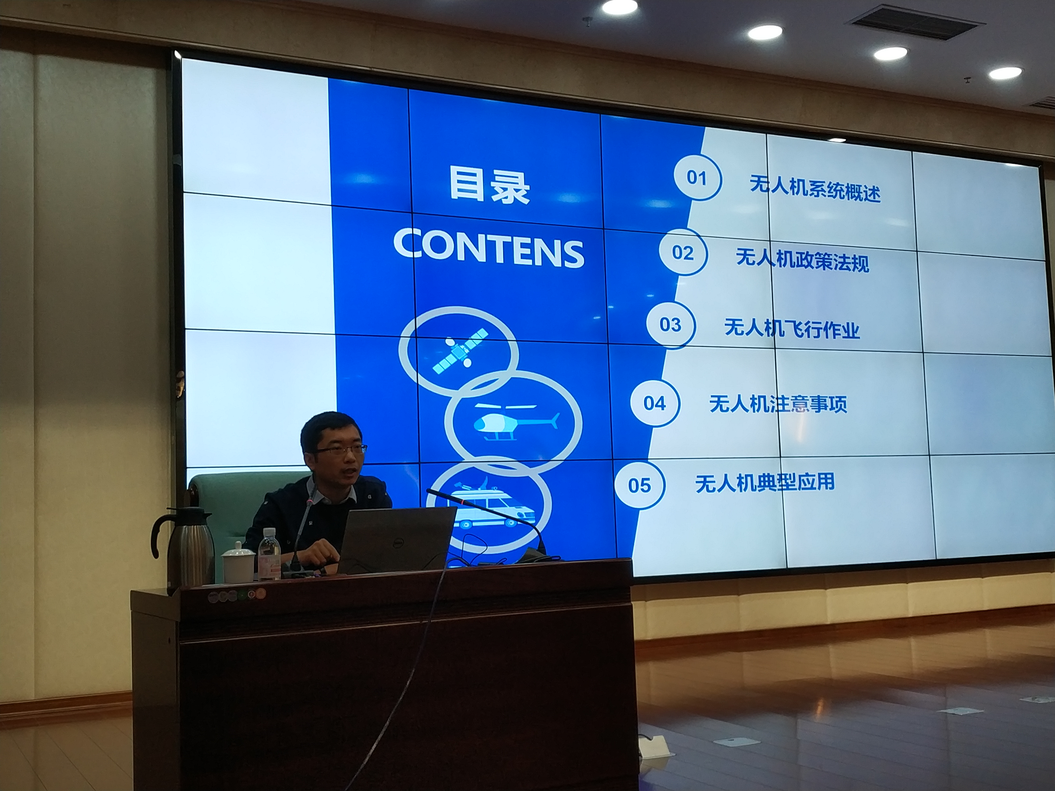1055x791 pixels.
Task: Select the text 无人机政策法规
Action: [x=803, y=260]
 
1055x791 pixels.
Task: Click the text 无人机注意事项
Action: [x=778, y=404]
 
